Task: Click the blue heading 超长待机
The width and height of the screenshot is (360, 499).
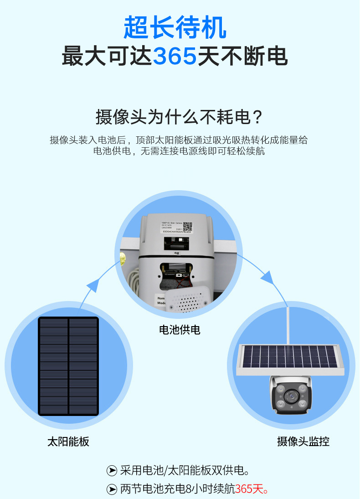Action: (x=175, y=28)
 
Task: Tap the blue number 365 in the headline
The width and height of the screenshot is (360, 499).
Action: (x=175, y=57)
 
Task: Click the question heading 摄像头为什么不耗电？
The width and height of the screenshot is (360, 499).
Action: (x=180, y=117)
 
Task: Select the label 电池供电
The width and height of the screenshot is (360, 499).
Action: (x=180, y=329)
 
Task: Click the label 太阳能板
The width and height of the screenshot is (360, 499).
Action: (x=68, y=441)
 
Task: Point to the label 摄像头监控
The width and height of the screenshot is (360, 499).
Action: (x=303, y=441)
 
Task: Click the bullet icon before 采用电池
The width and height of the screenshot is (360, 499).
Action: (x=112, y=470)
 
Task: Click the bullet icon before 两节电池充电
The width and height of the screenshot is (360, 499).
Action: (x=112, y=489)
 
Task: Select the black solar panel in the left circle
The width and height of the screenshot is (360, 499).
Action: (x=68, y=366)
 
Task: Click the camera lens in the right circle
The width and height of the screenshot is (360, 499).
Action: (x=290, y=395)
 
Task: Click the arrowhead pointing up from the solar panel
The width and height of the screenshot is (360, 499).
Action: (x=92, y=286)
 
